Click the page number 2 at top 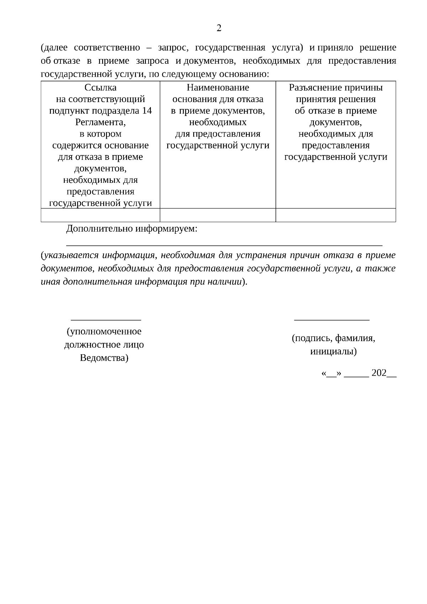[219, 28]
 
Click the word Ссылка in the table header [100, 88]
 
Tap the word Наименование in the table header [218, 88]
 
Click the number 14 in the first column [147, 111]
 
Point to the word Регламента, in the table [100, 122]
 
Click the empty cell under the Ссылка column [100, 215]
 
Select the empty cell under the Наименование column [218, 215]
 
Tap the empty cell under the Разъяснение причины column [336, 215]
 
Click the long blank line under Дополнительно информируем [224, 245]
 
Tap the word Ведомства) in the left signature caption [104, 358]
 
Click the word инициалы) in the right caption [333, 352]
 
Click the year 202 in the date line [379, 373]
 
